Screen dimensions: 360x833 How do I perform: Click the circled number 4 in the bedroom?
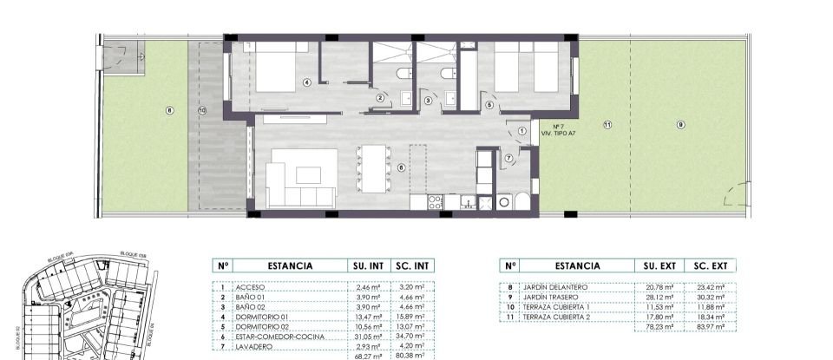pyautogui.click(x=306, y=83)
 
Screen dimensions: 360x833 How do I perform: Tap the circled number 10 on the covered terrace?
pyautogui.click(x=202, y=110)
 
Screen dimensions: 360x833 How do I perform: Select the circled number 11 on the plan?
pyautogui.click(x=607, y=126)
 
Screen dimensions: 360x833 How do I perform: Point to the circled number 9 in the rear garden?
pyautogui.click(x=680, y=125)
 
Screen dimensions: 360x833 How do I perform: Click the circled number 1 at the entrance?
pyautogui.click(x=521, y=130)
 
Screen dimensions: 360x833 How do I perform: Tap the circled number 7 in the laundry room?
pyautogui.click(x=508, y=157)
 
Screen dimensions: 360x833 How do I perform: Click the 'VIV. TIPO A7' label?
pyautogui.click(x=558, y=134)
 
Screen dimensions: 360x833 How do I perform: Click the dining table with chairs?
pyautogui.click(x=375, y=168)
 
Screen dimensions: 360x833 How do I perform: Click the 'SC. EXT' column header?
pyautogui.click(x=710, y=267)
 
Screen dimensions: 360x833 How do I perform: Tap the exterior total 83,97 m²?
pyautogui.click(x=710, y=327)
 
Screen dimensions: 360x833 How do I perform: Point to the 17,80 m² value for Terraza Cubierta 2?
pyautogui.click(x=659, y=317)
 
